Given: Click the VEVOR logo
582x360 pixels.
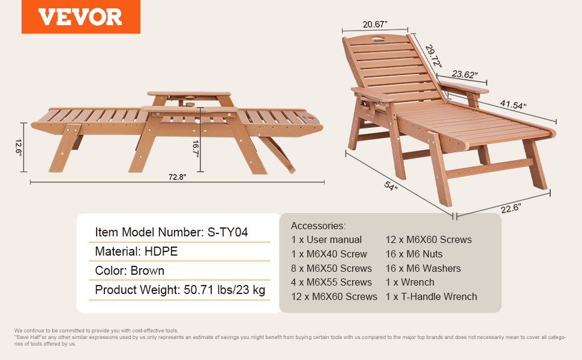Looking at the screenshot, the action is click(x=80, y=17).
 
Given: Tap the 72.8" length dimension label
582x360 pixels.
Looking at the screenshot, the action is click(x=178, y=177).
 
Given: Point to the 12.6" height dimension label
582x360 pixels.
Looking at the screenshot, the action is click(x=18, y=148).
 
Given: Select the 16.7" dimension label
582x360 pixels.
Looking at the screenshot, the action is click(x=196, y=149).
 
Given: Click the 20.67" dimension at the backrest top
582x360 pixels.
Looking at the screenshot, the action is click(x=375, y=25).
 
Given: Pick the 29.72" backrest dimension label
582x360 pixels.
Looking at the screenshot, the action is click(x=433, y=56).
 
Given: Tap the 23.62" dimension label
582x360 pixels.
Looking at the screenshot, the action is click(x=464, y=74).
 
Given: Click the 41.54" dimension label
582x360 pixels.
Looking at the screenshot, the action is click(x=513, y=104).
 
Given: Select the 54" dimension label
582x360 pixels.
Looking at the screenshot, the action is click(x=391, y=185).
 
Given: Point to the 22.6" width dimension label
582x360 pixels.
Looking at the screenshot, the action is click(x=511, y=208).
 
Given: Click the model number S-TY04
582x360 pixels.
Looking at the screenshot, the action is click(x=227, y=232).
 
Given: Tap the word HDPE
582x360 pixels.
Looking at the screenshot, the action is click(x=161, y=251).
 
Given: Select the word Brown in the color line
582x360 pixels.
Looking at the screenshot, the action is click(x=148, y=271).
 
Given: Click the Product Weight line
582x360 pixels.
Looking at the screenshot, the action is click(x=180, y=290).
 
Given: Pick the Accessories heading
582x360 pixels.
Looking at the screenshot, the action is click(x=318, y=226).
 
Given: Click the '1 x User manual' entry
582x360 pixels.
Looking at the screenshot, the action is click(x=326, y=240).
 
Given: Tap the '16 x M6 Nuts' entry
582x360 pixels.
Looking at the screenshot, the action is click(x=414, y=254).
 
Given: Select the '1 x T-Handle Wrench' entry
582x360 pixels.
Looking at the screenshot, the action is click(x=431, y=296).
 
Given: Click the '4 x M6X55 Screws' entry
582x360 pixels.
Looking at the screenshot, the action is click(x=331, y=283).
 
